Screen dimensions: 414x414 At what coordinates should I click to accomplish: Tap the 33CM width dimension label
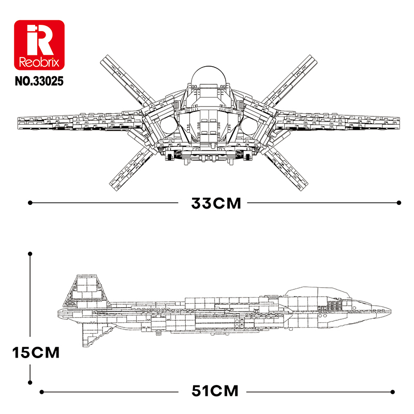216,203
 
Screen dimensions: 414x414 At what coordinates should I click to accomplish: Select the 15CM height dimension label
36,353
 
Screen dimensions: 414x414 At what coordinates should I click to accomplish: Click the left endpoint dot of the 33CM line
30,203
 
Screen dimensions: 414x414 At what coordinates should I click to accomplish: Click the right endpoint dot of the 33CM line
399,203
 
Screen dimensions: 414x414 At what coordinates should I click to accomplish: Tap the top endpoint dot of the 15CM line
30,254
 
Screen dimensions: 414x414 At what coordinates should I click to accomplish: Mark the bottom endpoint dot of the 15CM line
30,384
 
